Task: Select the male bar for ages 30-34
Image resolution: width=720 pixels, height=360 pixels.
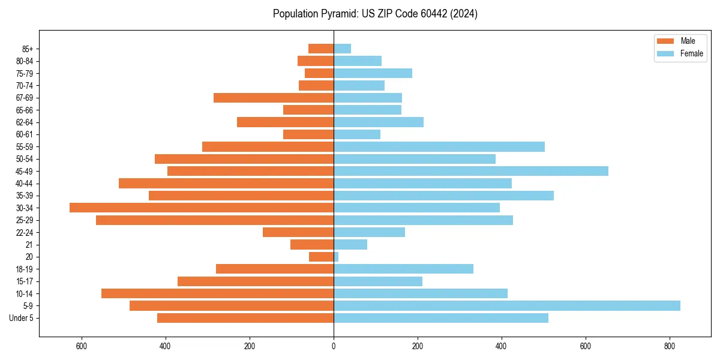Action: (x=202, y=208)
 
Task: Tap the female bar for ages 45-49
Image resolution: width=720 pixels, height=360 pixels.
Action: (x=471, y=171)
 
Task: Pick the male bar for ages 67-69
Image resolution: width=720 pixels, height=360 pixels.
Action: (x=274, y=98)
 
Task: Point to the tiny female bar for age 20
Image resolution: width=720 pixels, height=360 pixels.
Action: (x=336, y=257)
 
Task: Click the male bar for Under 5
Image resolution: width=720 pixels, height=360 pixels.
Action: (x=245, y=318)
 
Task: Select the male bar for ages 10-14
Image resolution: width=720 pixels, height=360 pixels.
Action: (x=217, y=293)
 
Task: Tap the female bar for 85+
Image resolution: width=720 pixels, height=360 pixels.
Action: (x=342, y=49)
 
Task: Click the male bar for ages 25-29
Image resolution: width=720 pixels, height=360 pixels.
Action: (x=215, y=220)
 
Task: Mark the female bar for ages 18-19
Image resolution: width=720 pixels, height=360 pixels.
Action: (x=403, y=269)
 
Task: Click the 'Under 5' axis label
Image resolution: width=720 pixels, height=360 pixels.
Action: (x=22, y=318)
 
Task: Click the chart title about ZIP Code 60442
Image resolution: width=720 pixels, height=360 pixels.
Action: (x=375, y=14)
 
